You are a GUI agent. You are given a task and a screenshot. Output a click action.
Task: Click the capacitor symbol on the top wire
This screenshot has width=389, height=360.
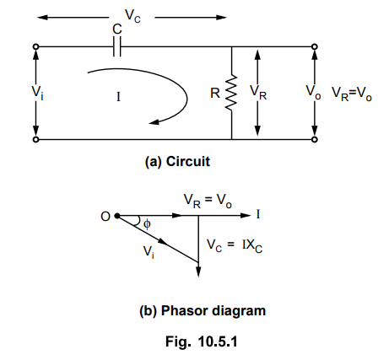[x=117, y=46]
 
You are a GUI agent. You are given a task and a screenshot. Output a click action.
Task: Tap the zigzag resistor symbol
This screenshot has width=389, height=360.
[x=231, y=93]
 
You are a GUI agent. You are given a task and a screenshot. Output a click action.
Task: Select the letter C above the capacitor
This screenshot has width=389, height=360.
[x=117, y=29]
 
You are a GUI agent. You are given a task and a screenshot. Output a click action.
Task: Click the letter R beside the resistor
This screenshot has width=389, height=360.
[x=215, y=93]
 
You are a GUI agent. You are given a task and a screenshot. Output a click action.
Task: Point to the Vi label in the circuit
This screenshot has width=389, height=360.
[x=37, y=92]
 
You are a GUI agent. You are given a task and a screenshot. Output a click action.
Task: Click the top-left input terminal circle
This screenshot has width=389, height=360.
[x=35, y=46]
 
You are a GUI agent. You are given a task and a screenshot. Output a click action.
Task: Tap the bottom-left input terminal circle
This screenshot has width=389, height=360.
[x=35, y=139]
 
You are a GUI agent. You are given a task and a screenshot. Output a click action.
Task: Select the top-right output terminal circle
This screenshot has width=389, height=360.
[x=315, y=46]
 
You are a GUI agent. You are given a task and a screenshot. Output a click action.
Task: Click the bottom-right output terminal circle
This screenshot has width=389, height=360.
[x=315, y=139]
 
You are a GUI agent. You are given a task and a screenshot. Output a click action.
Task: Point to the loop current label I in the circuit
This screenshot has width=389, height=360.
[x=118, y=97]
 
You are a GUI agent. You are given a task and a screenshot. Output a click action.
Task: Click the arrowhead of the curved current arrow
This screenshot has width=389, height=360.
[x=154, y=122]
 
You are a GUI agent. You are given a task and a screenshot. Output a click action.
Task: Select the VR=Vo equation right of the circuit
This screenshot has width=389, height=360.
[x=352, y=94]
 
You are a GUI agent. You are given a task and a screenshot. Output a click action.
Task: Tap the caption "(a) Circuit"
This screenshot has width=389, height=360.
[x=177, y=162]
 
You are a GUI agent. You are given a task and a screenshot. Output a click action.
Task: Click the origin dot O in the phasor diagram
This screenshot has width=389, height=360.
[x=117, y=216]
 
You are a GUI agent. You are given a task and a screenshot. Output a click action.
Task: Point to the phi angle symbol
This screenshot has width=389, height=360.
[x=147, y=224]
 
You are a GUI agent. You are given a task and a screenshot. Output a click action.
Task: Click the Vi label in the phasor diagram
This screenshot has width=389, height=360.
[x=149, y=251]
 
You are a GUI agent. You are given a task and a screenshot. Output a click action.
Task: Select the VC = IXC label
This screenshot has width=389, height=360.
[x=235, y=245]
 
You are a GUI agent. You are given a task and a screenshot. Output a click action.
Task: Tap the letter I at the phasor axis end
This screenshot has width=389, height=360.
[x=258, y=214]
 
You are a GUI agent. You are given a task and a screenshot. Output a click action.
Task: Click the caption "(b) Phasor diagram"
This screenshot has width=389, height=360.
[x=203, y=311]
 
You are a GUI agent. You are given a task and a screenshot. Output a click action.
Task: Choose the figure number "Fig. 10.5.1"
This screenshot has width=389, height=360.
[x=202, y=341]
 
